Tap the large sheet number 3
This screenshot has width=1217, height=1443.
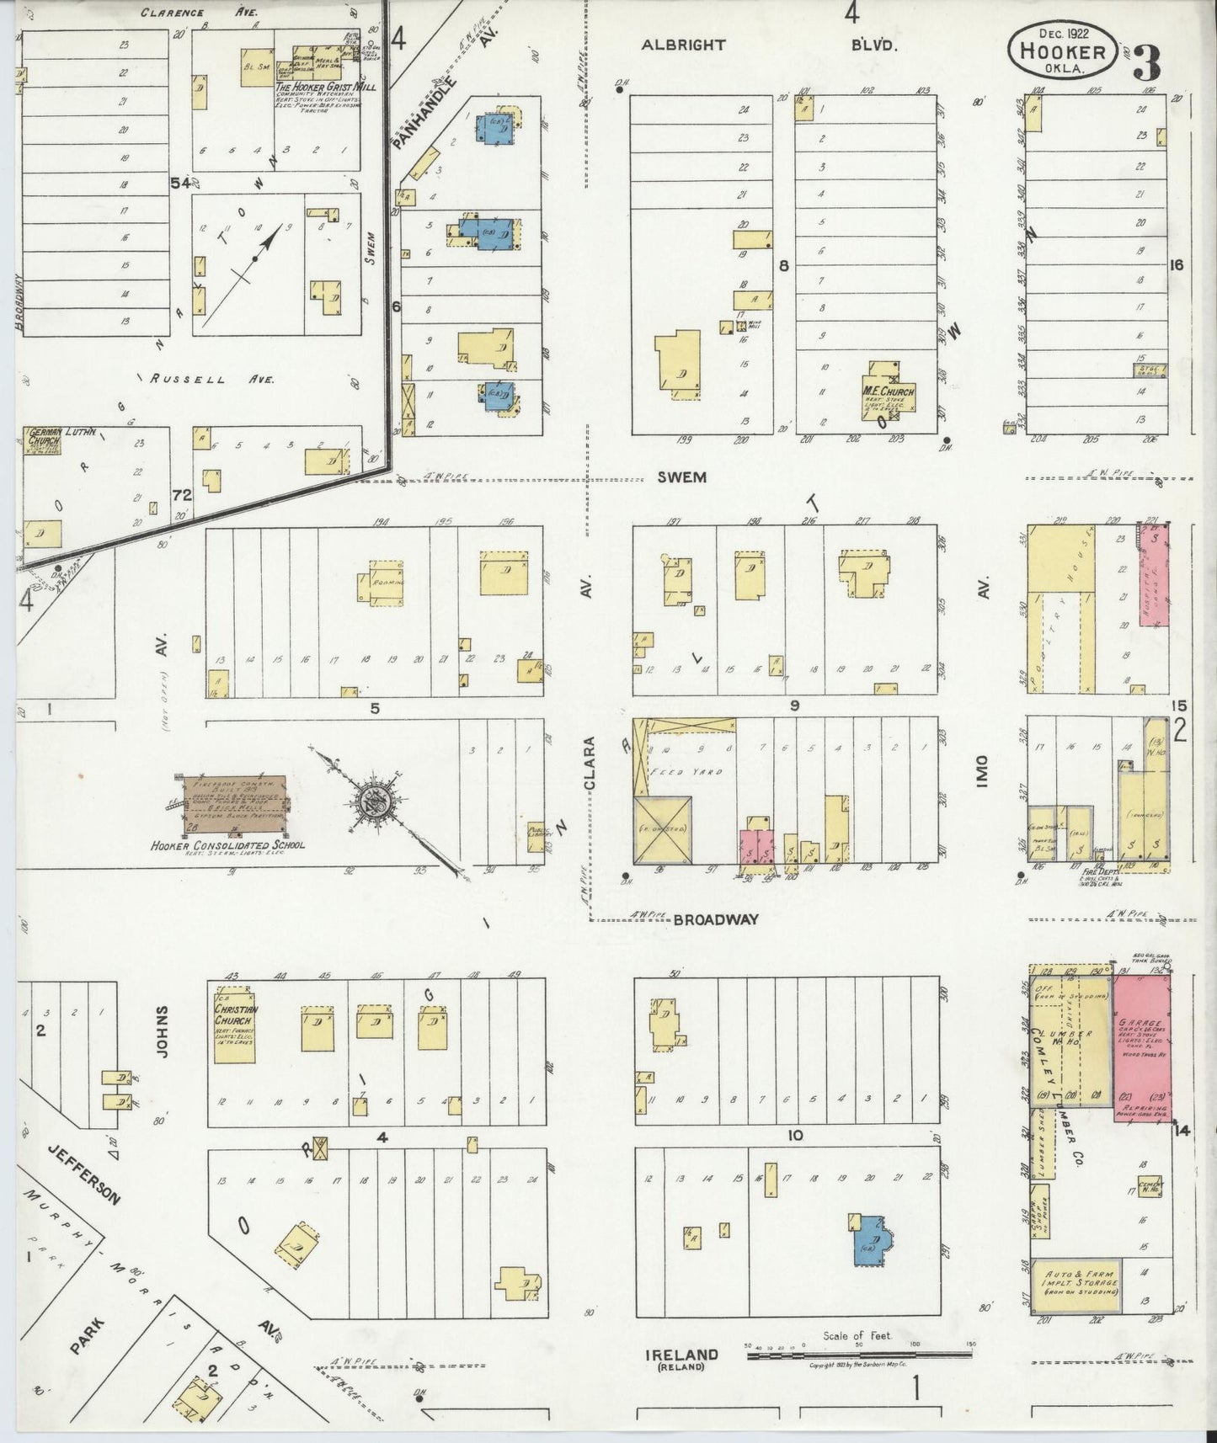pyautogui.click(x=1149, y=61)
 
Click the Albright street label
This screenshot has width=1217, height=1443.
pyautogui.click(x=682, y=45)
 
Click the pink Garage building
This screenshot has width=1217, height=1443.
pyautogui.click(x=1142, y=1041)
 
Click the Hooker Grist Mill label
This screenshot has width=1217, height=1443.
pyautogui.click(x=326, y=87)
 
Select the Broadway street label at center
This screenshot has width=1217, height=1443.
pyautogui.click(x=716, y=920)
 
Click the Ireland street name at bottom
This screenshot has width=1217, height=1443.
pyautogui.click(x=681, y=1354)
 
